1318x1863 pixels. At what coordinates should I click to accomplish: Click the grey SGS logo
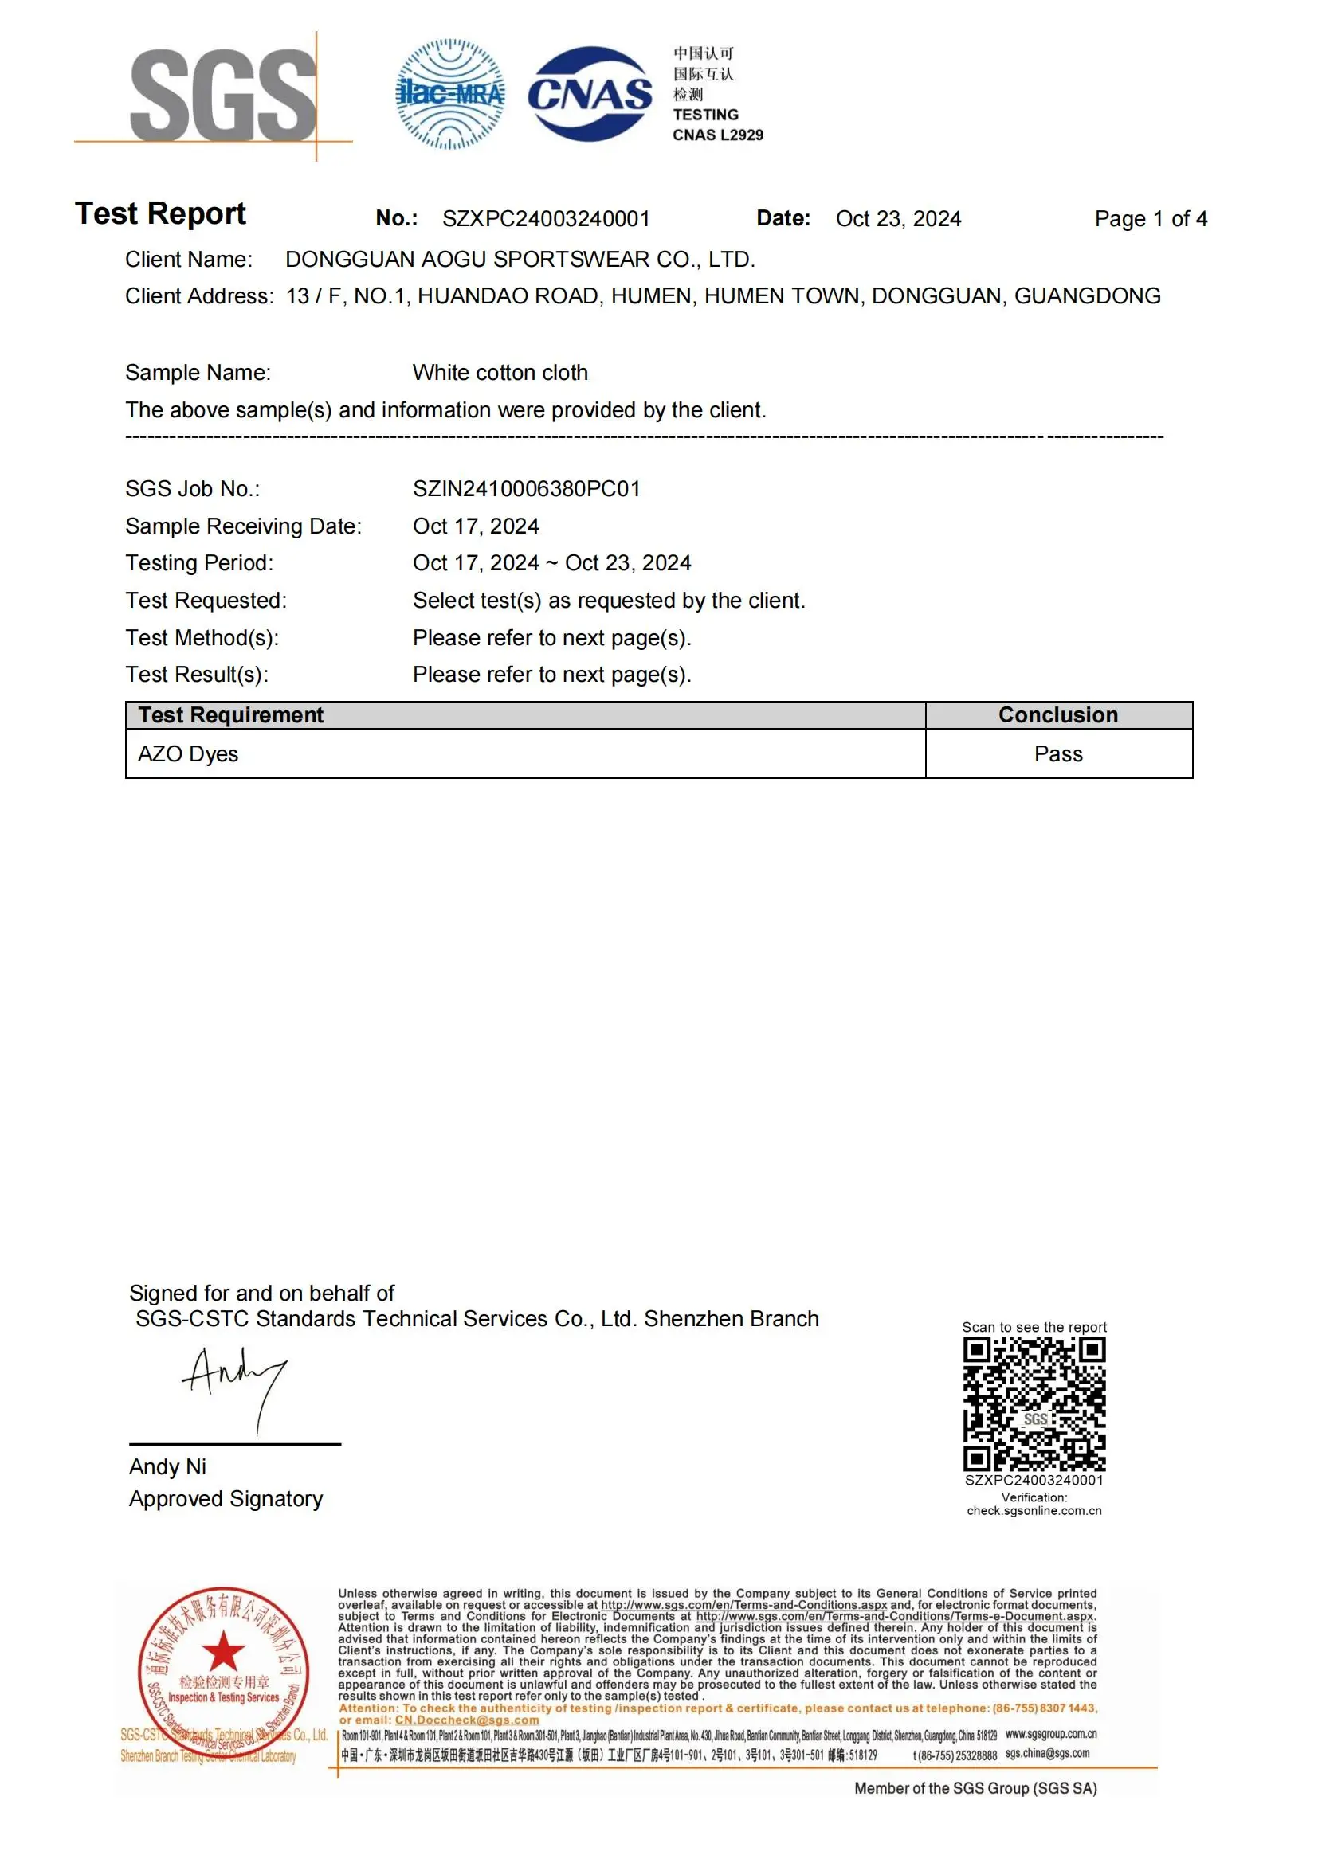tap(222, 94)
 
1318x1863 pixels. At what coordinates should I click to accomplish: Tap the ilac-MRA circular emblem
tap(449, 94)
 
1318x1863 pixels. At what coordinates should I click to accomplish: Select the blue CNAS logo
tap(590, 94)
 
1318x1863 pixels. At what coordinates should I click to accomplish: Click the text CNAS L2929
tap(717, 135)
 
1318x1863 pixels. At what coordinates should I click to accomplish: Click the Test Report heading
tap(160, 213)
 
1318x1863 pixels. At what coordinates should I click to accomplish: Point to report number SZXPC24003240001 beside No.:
tap(545, 219)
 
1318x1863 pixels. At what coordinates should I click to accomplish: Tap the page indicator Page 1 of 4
tap(1150, 219)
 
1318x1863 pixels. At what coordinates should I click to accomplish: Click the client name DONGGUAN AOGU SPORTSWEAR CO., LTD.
tap(520, 260)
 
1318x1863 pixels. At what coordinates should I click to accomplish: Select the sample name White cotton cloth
tap(500, 373)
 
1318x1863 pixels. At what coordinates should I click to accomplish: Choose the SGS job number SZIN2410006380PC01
tap(526, 488)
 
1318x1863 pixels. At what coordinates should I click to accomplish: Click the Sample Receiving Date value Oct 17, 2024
tap(476, 526)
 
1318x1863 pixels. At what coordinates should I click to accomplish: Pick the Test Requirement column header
tap(230, 714)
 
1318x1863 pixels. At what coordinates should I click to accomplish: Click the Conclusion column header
tap(1057, 714)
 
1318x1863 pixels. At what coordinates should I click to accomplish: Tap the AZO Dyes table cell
tap(187, 753)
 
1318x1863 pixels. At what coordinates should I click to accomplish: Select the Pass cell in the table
tap(1057, 753)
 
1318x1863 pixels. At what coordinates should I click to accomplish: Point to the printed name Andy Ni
tap(167, 1467)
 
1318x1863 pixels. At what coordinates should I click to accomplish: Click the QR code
tap(1034, 1404)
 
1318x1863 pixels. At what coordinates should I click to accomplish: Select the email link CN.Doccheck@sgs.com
tap(467, 1720)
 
